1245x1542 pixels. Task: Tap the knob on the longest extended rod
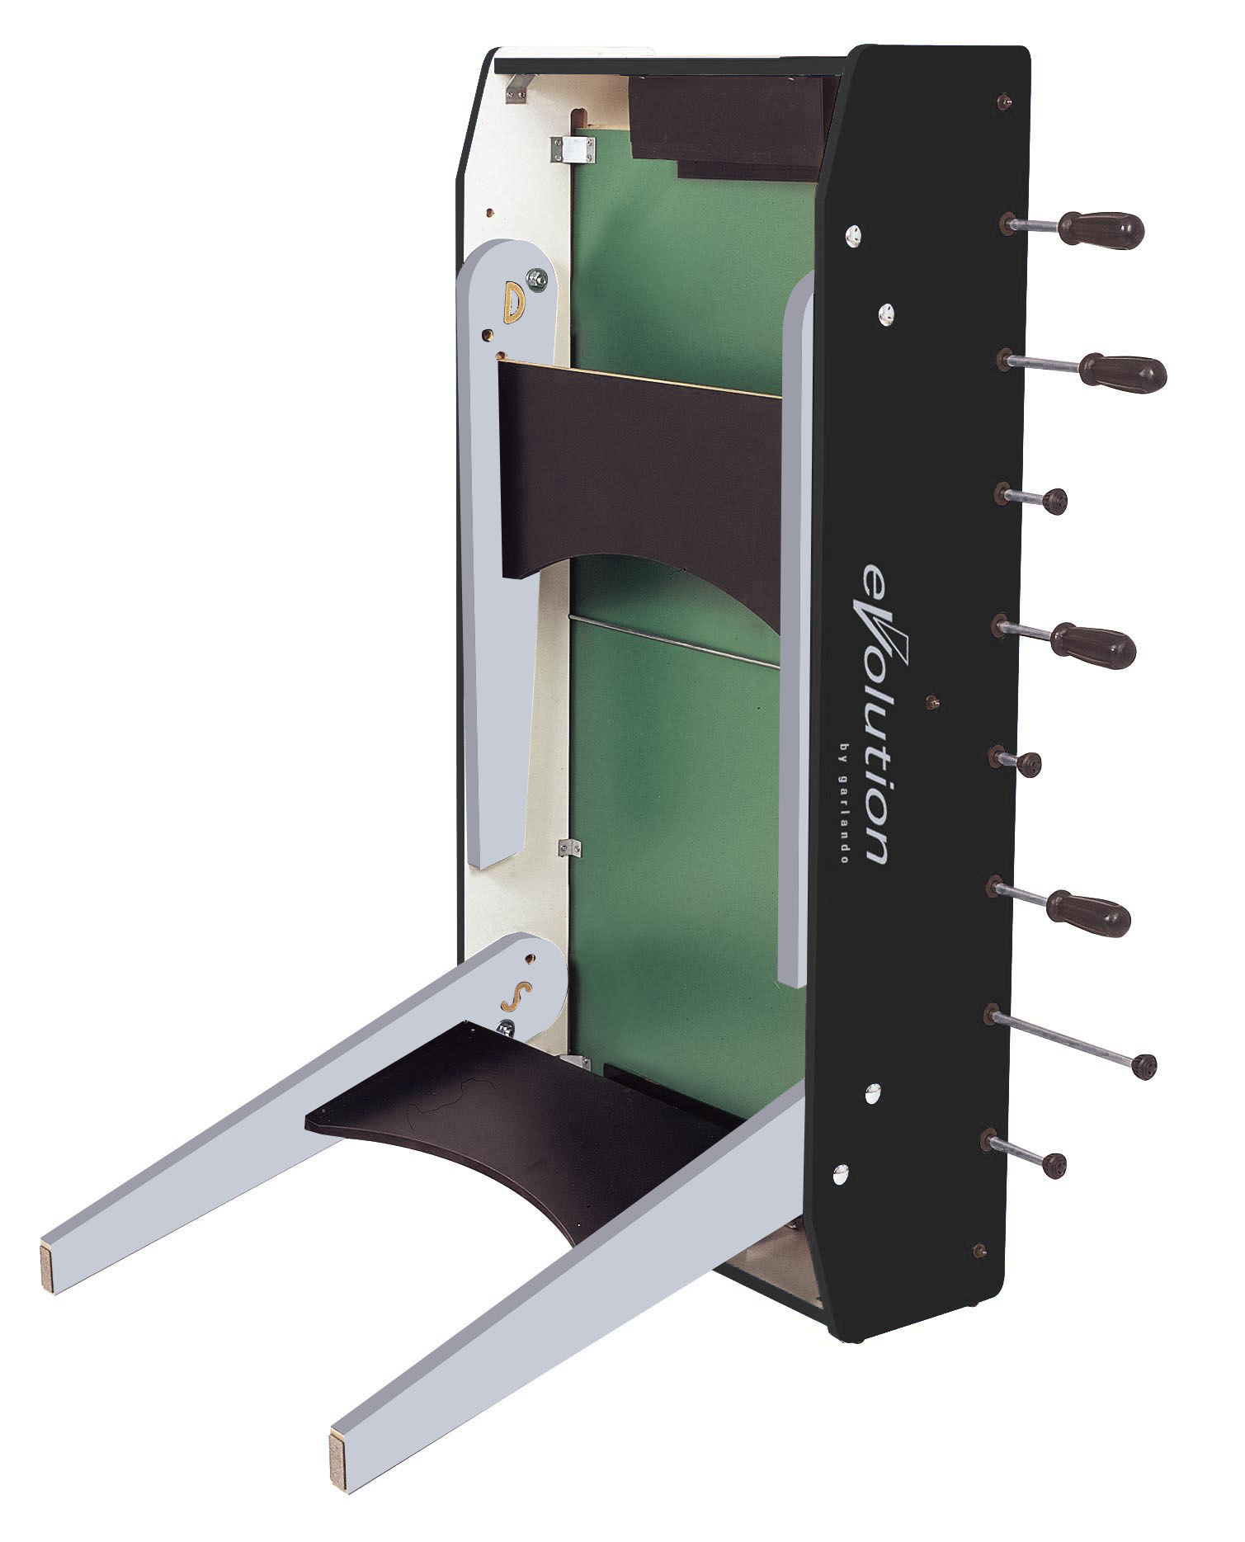click(x=1144, y=1066)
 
